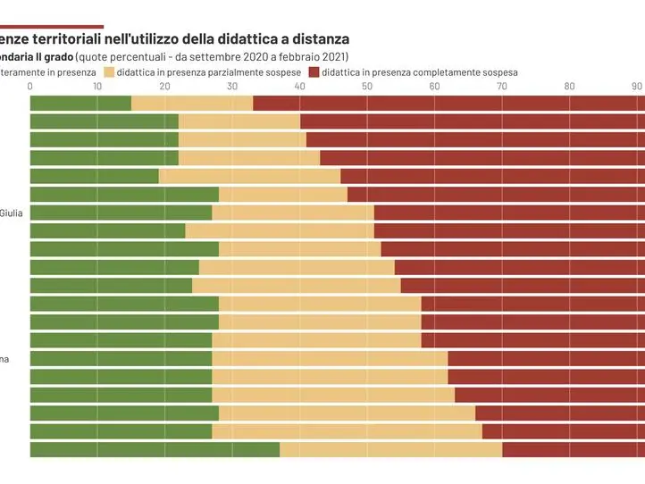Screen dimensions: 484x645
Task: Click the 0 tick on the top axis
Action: coord(30,86)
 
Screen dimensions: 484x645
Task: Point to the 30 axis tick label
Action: coord(232,86)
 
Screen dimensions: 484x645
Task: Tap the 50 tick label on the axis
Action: coord(367,86)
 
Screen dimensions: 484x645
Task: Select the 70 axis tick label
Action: coord(502,86)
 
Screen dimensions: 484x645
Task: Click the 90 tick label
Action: coord(637,86)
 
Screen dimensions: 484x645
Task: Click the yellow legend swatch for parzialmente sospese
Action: coord(110,71)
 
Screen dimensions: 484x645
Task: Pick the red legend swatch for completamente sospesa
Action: coord(314,71)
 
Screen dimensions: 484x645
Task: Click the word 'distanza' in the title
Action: coord(316,39)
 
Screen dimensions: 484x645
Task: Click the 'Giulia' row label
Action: coord(12,213)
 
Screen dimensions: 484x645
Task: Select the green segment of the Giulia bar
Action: coord(121,213)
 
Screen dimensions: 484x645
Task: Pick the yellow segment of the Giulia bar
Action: coord(293,213)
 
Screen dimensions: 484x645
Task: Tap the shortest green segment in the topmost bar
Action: coord(80,103)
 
